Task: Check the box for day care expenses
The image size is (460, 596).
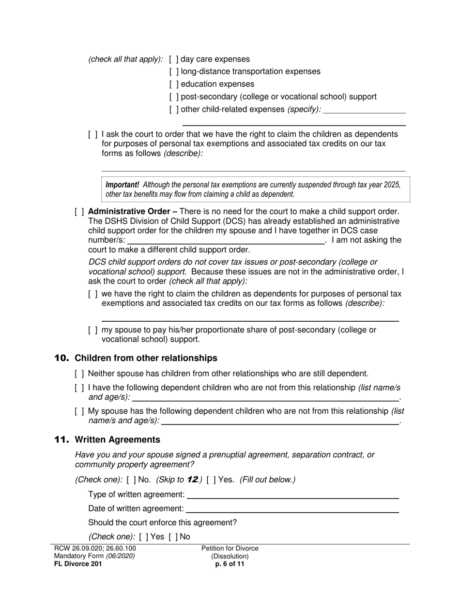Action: click(174, 60)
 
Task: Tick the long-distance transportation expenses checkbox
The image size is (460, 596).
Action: click(174, 72)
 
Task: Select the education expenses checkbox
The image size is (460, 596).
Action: click(174, 84)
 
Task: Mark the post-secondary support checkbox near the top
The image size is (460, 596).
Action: click(174, 97)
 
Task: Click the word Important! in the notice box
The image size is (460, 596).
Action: click(123, 185)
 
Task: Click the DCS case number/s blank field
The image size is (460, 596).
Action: click(226, 240)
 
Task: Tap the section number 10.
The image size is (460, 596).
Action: click(61, 358)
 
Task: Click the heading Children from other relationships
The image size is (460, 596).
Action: click(146, 358)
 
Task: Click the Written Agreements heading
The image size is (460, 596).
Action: click(117, 440)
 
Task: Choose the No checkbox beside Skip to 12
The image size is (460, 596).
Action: click(131, 480)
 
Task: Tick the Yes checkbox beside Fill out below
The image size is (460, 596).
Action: click(211, 480)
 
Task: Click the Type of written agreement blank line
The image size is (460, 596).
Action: click(292, 495)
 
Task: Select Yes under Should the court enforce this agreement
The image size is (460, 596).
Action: click(144, 537)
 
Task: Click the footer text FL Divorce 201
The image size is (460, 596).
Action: click(78, 564)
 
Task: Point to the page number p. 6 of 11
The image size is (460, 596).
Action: click(230, 564)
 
